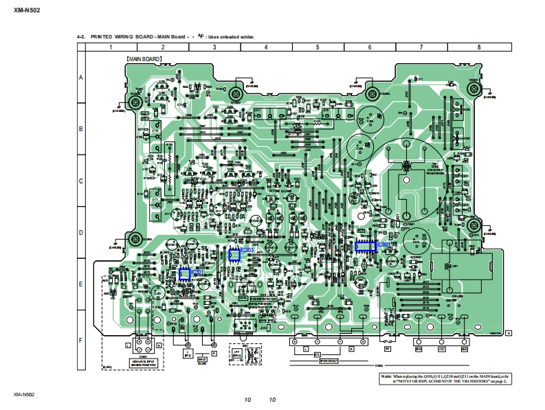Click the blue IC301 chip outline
[184, 274]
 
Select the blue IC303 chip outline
[234, 255]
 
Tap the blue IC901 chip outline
[366, 246]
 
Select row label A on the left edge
[81, 78]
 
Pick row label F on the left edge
[81, 341]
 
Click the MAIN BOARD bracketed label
[143, 60]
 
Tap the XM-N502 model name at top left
[25, 10]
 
